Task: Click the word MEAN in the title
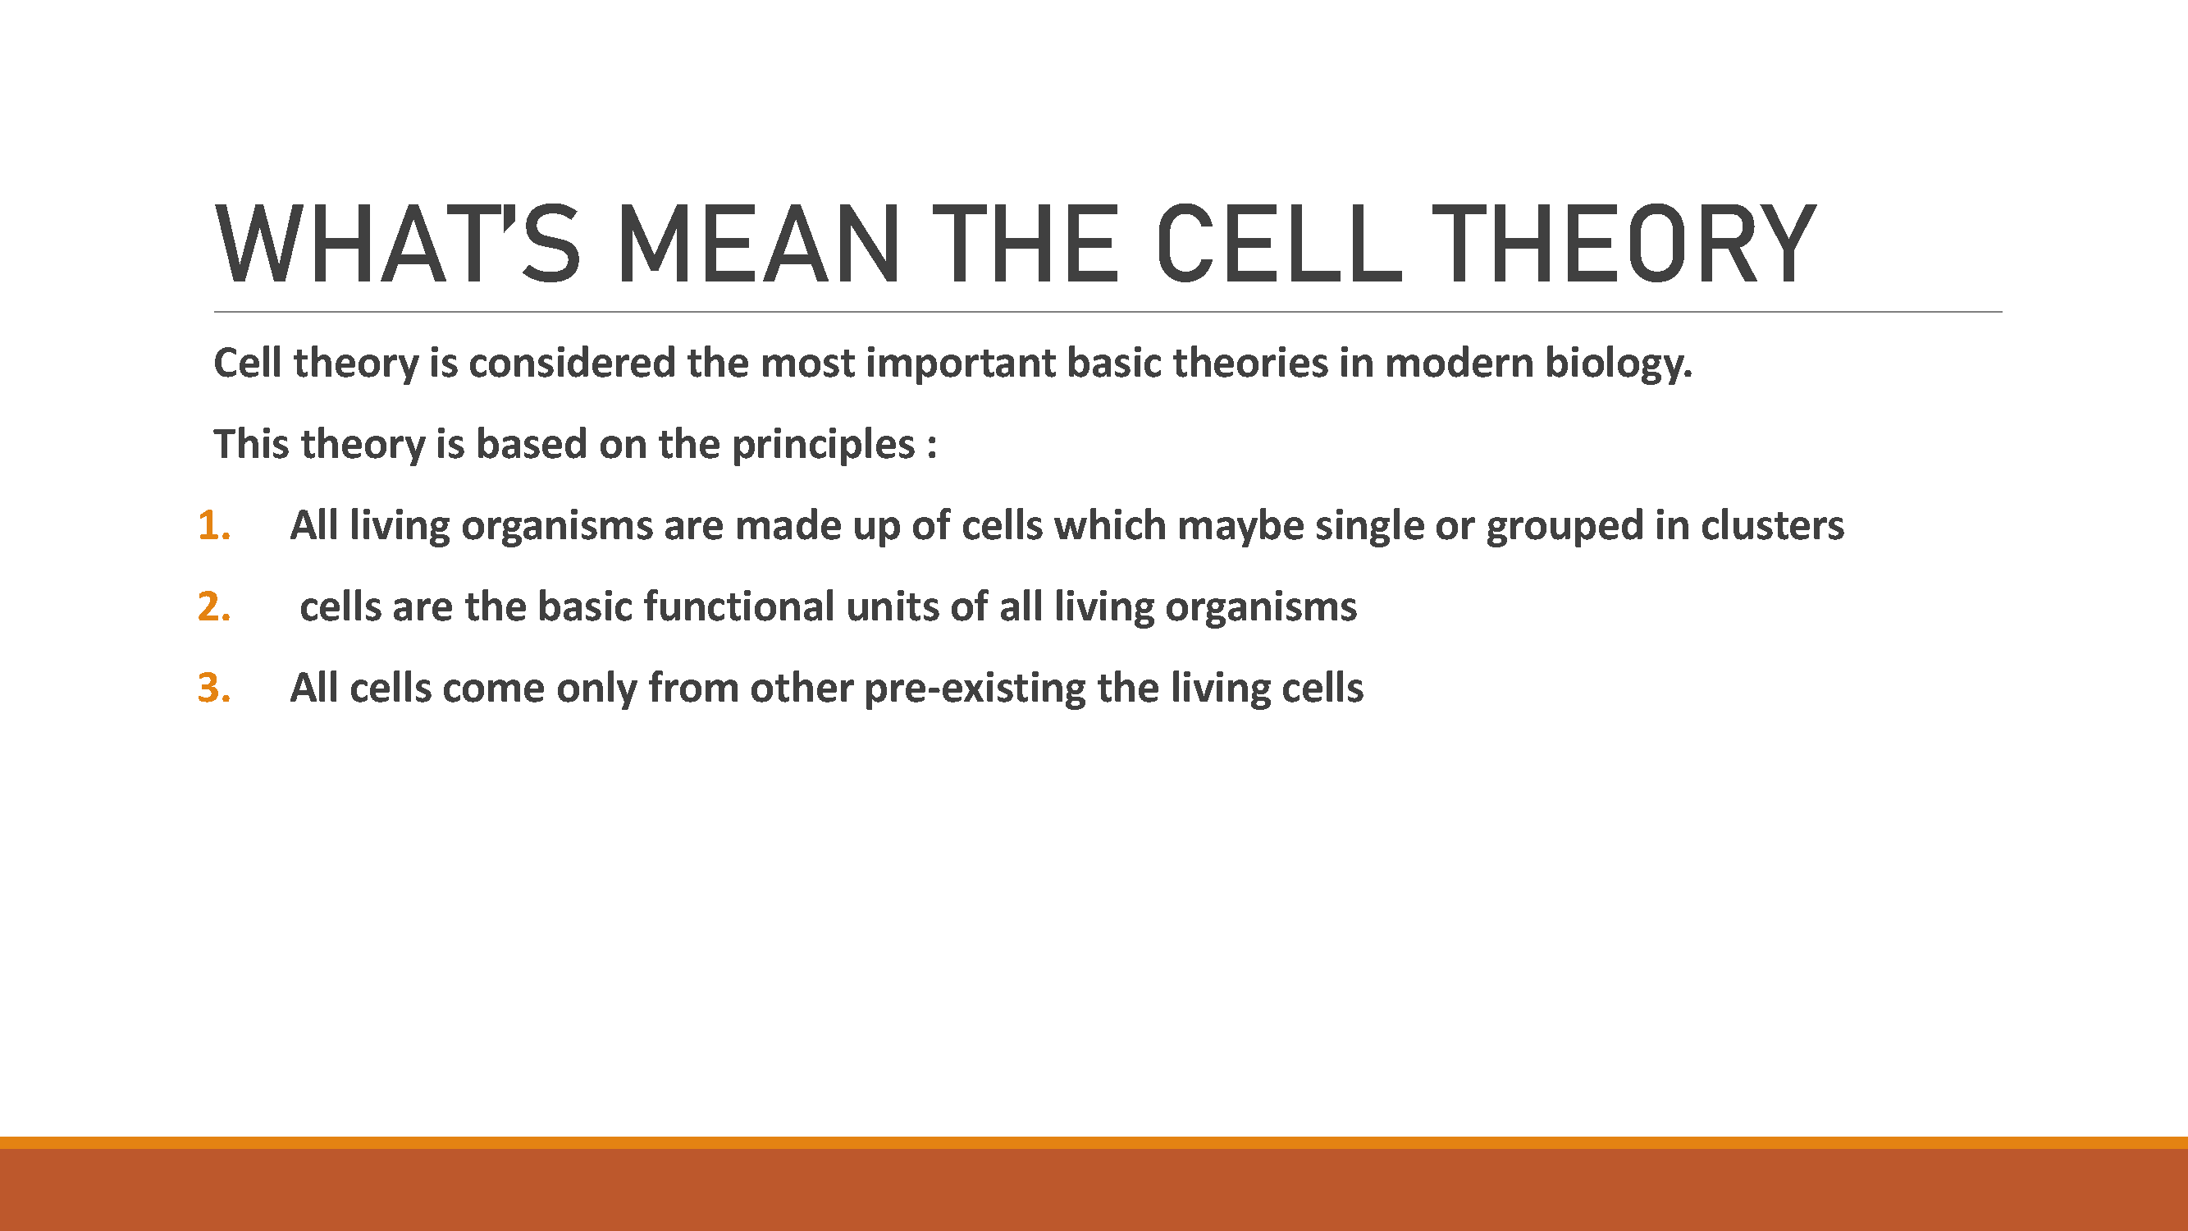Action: point(758,245)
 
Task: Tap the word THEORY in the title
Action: point(1624,245)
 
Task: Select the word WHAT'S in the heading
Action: point(398,245)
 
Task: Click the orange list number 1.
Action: point(214,525)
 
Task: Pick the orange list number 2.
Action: point(214,606)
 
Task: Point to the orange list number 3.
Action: point(214,687)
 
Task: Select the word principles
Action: point(823,445)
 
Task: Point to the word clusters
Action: point(1772,525)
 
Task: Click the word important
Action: point(961,364)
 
